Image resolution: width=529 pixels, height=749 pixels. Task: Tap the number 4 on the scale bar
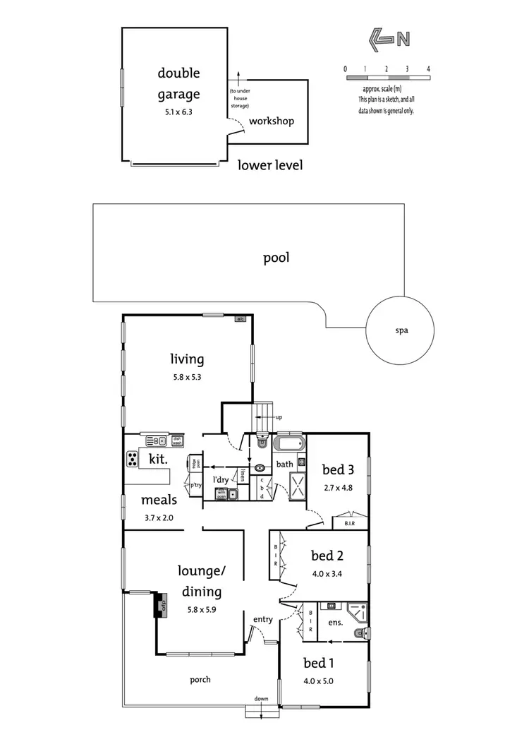428,69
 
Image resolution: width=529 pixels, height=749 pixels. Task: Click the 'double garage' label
178,84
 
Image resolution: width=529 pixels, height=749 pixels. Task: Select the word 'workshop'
271,121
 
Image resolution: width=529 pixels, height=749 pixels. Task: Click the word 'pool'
276,258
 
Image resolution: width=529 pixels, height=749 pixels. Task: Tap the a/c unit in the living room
240,320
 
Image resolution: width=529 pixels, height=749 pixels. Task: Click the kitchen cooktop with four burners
133,459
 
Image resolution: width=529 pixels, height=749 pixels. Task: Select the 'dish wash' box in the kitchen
177,442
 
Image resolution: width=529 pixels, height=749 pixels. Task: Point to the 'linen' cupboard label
242,474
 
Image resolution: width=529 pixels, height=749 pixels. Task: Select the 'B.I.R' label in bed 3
349,524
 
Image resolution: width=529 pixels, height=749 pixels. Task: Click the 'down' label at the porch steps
262,699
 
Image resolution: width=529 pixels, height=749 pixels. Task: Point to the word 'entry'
263,620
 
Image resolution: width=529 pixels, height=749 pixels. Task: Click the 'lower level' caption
270,166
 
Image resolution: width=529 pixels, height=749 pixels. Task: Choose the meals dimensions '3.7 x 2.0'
159,518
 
